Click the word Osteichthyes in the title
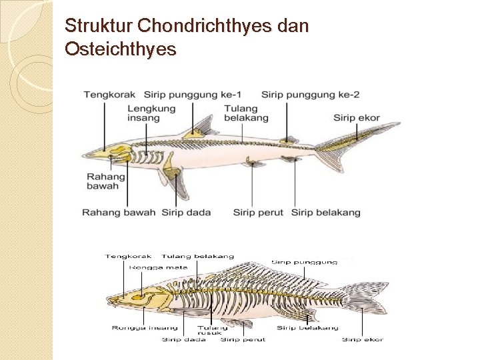tap(121, 49)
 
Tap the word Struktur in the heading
tap(95, 27)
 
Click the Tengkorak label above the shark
tap(104, 95)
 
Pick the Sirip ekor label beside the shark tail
tap(357, 118)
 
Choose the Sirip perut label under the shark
tap(258, 213)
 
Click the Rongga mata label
tap(150, 267)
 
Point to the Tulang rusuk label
tap(212, 331)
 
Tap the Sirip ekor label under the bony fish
tap(362, 339)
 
